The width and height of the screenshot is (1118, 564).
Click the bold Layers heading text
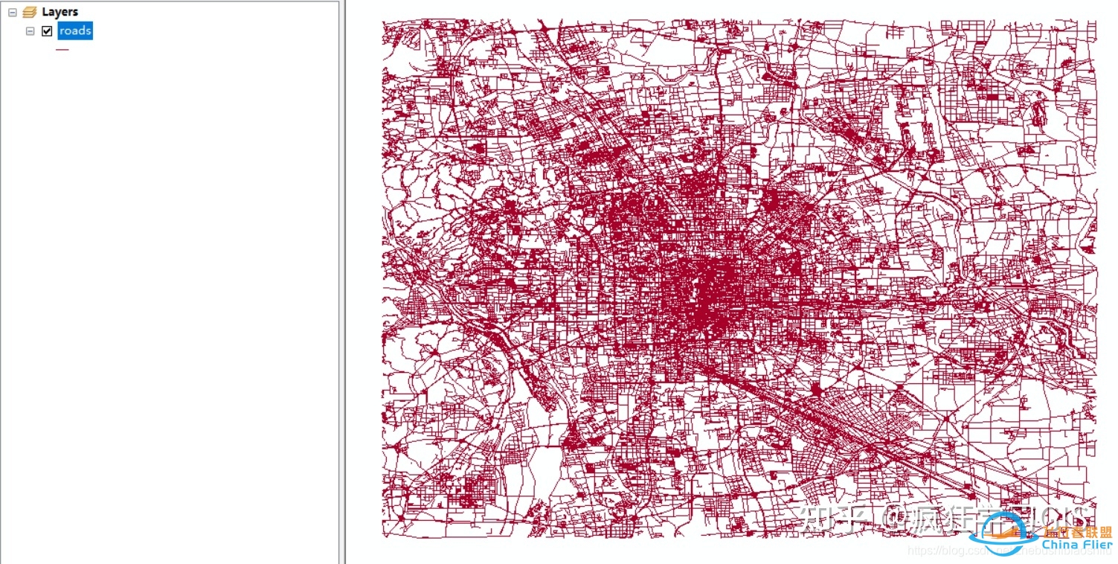pyautogui.click(x=60, y=12)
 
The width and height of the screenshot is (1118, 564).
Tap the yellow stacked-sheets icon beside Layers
pyautogui.click(x=30, y=12)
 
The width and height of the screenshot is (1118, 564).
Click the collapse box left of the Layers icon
pyautogui.click(x=13, y=12)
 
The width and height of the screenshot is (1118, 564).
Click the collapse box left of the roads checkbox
pyautogui.click(x=30, y=31)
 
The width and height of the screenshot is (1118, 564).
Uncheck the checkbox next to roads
pyautogui.click(x=48, y=31)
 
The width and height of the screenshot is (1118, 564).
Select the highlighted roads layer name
pyautogui.click(x=75, y=31)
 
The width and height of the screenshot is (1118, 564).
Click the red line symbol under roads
pyautogui.click(x=62, y=50)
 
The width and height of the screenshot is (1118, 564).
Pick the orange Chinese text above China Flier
pyautogui.click(x=1077, y=532)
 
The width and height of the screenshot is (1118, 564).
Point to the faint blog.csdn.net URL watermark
pyautogui.click(x=960, y=551)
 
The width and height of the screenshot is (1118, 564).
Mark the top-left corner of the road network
pyautogui.click(x=383, y=22)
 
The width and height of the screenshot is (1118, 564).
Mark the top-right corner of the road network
pyautogui.click(x=1096, y=22)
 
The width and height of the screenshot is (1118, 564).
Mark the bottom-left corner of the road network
pyautogui.click(x=384, y=536)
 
